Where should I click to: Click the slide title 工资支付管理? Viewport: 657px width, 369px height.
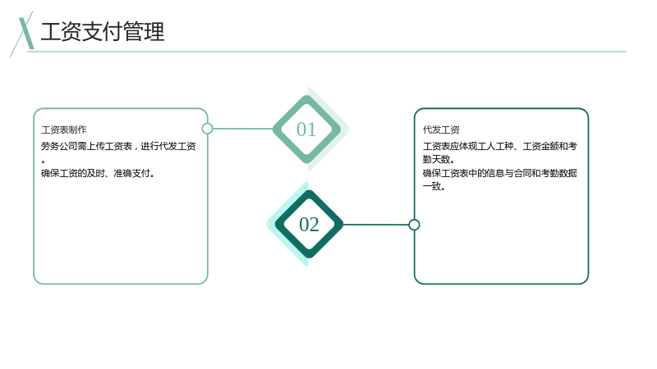[x=103, y=32]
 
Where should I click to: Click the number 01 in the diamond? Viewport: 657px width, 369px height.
[x=306, y=130]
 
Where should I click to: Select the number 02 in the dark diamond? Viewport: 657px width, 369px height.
[x=310, y=225]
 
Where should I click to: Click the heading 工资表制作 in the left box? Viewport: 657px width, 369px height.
[x=64, y=130]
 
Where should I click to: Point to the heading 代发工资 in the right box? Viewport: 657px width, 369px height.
[x=441, y=130]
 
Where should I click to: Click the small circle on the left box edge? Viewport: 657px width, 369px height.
[x=207, y=129]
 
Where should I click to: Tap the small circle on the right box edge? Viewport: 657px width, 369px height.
[x=414, y=225]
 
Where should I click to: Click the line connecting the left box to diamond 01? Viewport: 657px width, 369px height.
[x=242, y=129]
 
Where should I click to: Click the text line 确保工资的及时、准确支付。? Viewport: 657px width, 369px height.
[x=98, y=173]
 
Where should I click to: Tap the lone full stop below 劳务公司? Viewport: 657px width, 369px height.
[x=44, y=161]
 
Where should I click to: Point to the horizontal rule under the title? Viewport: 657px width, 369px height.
[x=326, y=52]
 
